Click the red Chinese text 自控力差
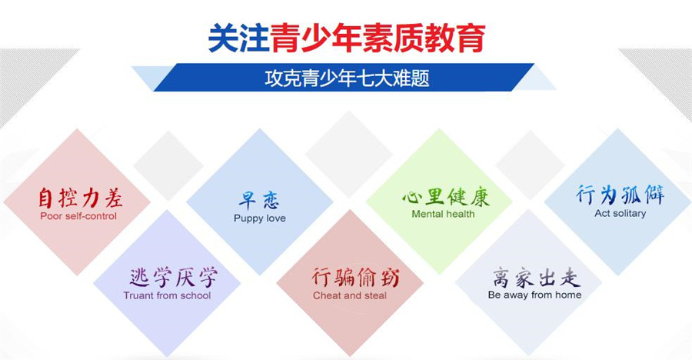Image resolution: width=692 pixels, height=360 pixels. click(80, 198)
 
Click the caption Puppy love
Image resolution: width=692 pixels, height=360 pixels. click(259, 218)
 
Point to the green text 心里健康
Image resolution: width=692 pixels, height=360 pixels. click(445, 196)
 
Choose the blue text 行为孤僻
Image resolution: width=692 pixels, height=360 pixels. click(620, 195)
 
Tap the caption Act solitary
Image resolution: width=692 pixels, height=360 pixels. click(620, 213)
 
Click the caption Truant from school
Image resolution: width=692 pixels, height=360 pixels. click(167, 295)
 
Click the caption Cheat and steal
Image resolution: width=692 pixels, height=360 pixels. click(350, 295)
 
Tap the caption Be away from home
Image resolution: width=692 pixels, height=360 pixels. click(534, 295)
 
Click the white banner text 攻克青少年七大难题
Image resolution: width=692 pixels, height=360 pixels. click(346, 78)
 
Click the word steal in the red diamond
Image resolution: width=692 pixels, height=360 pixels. click(375, 295)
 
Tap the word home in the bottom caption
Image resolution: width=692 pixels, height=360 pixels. click(568, 295)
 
